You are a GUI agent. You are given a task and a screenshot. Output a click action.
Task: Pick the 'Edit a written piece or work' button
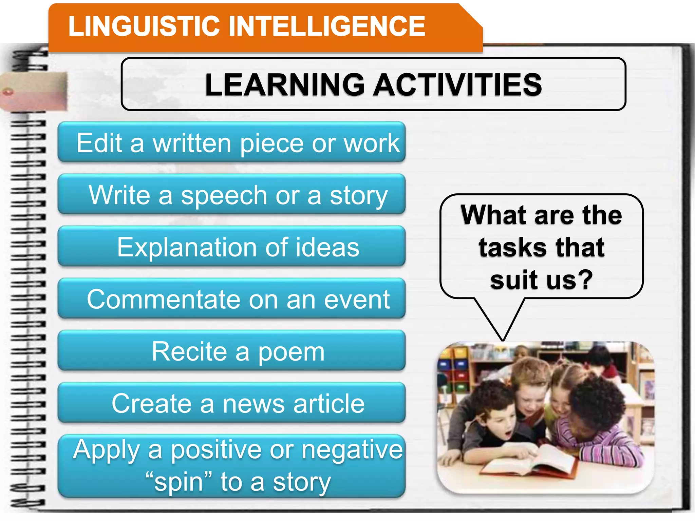point(232,142)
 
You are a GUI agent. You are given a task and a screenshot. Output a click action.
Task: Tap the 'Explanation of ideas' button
point(232,247)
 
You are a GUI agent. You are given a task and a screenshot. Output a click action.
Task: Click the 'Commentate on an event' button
point(232,299)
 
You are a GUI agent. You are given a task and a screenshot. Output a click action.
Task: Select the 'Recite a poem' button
point(232,351)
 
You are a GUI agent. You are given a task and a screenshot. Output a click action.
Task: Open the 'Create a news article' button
point(232,403)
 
